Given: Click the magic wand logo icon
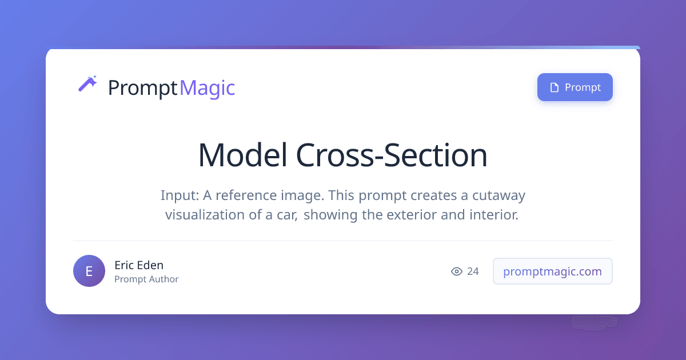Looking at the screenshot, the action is click(87, 83).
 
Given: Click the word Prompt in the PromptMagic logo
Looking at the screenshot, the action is click(143, 88).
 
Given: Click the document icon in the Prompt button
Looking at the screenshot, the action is click(555, 87).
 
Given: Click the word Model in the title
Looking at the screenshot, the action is click(243, 155).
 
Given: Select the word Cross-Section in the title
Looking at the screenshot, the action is click(392, 155).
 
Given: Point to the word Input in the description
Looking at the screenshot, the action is click(180, 195).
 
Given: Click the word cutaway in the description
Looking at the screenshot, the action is click(498, 195).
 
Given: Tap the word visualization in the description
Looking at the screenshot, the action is click(205, 215).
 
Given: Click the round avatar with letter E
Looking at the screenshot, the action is click(89, 271).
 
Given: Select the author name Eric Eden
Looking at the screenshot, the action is click(139, 265).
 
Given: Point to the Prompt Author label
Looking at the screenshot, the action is click(146, 279).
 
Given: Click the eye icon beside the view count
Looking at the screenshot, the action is click(457, 271).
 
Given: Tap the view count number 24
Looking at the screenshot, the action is click(473, 271).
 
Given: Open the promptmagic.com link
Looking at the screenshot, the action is click(552, 271).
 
